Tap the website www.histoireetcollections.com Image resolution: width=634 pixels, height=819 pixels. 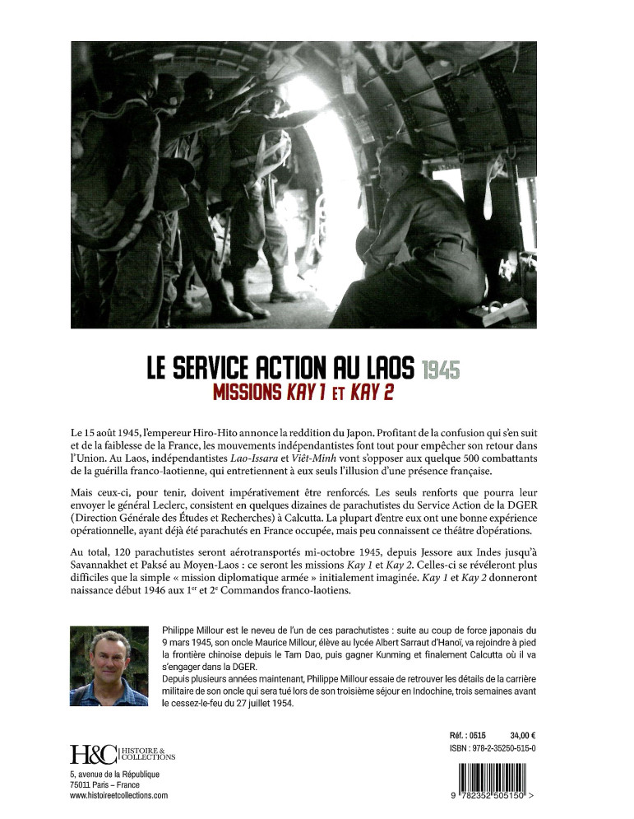(118, 796)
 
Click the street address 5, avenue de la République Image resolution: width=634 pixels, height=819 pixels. (114, 775)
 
